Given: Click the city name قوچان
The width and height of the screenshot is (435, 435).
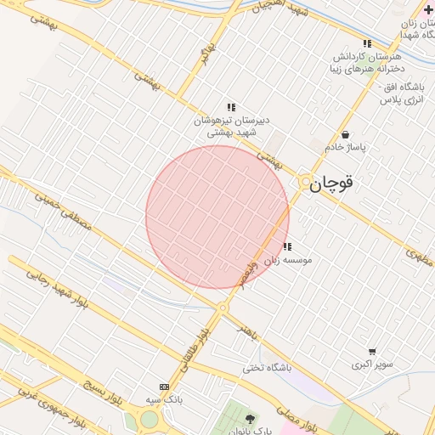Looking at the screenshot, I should [331, 183].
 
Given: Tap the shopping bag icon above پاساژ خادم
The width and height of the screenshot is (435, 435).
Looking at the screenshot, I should [345, 134].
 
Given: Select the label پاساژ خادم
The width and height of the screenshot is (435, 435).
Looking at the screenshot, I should [345, 148].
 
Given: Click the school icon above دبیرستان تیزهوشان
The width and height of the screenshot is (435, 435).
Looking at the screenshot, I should [231, 107].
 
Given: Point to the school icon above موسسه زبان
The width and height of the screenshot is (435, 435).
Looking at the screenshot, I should [287, 246].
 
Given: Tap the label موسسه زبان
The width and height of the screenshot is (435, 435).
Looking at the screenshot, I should [288, 260].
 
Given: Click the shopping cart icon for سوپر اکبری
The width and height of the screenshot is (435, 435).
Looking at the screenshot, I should [372, 351].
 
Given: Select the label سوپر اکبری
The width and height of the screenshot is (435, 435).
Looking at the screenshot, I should [373, 364].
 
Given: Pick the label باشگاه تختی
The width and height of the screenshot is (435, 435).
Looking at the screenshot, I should [267, 368].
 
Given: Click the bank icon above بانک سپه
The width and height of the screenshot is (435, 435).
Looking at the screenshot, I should [164, 386].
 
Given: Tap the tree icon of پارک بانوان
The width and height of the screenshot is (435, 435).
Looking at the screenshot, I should [250, 419].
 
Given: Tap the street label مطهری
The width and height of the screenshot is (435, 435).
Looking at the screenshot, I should [420, 254].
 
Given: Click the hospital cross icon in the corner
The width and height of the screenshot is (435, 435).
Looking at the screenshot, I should [427, 9].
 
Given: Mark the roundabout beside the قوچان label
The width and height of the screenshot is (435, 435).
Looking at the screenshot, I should [304, 181].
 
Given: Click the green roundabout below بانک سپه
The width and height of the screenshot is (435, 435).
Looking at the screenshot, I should [150, 419].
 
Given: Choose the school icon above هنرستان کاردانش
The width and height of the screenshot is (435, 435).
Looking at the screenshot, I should [367, 43].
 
